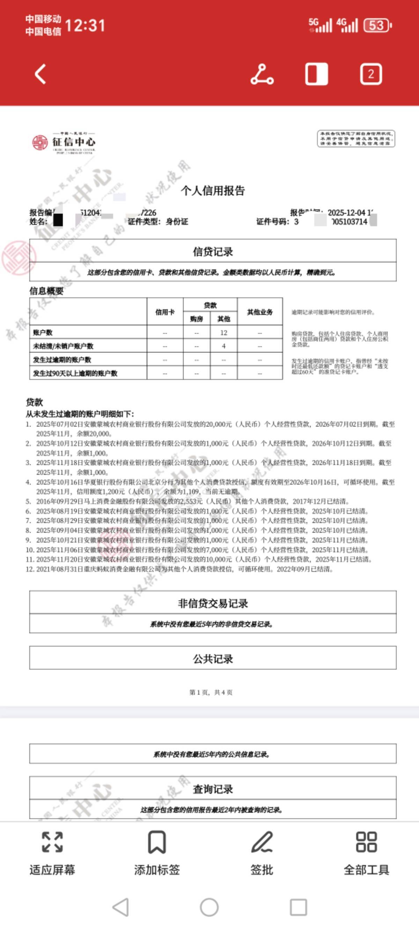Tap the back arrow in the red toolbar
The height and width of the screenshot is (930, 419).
point(41,74)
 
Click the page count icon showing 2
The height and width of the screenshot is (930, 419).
point(370,74)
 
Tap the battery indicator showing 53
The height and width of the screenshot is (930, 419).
point(377,25)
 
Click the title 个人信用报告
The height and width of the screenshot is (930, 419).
point(213,190)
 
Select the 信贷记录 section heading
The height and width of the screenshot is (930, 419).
point(213,252)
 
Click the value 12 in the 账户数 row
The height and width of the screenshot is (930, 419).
point(223,332)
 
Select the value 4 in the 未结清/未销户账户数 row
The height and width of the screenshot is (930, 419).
point(223,346)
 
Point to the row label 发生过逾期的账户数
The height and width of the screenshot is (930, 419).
point(62,360)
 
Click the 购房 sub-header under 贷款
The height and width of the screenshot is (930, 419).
point(197,319)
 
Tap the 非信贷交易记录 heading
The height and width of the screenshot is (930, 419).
point(213,603)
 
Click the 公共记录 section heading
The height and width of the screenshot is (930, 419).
point(213,659)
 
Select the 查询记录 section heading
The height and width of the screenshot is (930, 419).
point(213,789)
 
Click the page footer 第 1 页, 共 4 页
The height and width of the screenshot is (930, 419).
point(211,692)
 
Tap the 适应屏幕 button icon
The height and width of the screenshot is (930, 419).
point(52,842)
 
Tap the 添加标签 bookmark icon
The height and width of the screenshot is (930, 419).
point(157,842)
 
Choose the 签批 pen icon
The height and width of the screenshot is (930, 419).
point(262,842)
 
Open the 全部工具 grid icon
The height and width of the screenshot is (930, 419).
point(366,842)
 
